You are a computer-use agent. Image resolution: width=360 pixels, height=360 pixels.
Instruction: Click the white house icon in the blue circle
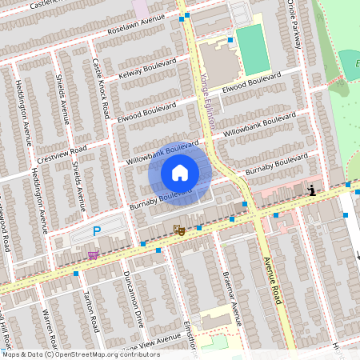click(x=180, y=172)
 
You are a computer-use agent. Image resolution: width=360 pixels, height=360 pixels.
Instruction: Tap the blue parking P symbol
click(x=97, y=231)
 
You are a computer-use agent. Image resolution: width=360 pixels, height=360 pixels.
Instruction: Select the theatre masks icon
click(x=179, y=230)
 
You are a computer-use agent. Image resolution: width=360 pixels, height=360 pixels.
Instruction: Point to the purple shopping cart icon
click(x=94, y=255)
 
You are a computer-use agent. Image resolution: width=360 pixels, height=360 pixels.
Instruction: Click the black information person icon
click(x=311, y=190)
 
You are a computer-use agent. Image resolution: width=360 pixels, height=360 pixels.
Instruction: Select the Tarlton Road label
click(x=90, y=313)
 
